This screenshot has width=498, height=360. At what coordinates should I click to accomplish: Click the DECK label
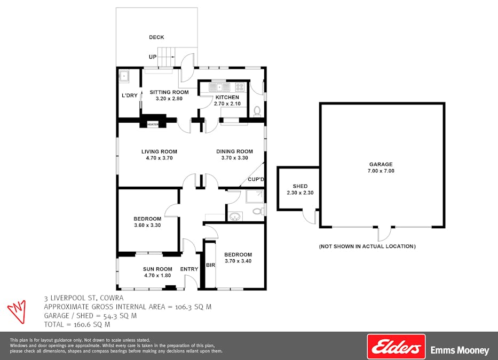pos(156,37)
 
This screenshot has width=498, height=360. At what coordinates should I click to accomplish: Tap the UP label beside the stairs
pos(153,57)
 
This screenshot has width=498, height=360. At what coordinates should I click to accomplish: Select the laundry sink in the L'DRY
pos(124,76)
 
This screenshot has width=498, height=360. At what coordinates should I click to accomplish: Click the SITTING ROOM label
pos(165,92)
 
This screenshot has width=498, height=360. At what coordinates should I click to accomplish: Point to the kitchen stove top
pos(240,86)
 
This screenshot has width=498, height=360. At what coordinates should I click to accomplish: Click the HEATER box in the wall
pos(153,124)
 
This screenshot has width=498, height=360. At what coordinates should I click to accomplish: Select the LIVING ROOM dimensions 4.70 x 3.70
pos(159,158)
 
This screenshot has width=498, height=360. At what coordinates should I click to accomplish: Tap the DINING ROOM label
pos(234,151)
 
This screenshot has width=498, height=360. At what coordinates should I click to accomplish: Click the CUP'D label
pos(256,180)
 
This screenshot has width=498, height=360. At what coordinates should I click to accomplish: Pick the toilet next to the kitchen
pos(257,111)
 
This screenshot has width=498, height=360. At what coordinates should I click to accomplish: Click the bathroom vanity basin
pos(234,217)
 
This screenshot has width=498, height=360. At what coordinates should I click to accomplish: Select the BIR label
pos(210,265)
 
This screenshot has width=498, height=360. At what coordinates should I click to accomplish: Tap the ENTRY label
pos(189,269)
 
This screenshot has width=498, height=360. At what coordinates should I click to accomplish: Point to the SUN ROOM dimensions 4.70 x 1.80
pos(157,276)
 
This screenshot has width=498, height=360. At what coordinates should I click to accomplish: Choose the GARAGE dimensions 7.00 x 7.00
pos(381,171)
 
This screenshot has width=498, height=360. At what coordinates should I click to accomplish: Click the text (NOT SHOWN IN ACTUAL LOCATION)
pos(367,246)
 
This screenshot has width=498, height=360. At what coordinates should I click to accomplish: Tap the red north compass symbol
pos(17,310)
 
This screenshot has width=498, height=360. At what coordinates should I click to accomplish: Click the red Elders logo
pos(396,347)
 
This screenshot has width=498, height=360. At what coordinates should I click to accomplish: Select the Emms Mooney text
pos(460,350)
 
